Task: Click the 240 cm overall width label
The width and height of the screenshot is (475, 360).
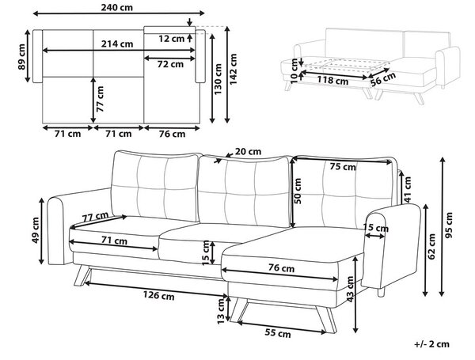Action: (116, 7)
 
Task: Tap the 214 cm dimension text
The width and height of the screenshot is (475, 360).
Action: (117, 44)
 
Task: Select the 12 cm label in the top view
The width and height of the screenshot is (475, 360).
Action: (171, 39)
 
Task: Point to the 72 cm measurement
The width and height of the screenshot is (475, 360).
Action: (170, 64)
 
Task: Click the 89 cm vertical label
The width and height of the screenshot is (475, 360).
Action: (22, 57)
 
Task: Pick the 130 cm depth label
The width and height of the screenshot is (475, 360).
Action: (218, 78)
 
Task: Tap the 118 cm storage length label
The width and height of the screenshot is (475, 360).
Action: (332, 81)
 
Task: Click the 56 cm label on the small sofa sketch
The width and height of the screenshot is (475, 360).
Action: (383, 78)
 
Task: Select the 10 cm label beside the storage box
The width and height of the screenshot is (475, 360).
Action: (294, 71)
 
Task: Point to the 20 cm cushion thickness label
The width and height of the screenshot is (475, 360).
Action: (248, 151)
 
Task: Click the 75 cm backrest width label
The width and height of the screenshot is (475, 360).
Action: (343, 166)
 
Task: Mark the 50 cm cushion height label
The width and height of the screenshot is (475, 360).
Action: (298, 191)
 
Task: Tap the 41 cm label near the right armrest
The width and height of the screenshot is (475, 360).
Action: (408, 189)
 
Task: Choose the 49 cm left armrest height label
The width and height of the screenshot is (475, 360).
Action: (35, 230)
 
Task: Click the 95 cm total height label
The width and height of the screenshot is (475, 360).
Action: (449, 225)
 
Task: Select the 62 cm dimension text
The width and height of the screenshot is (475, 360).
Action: (431, 246)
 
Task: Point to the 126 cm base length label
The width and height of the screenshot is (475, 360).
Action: (159, 295)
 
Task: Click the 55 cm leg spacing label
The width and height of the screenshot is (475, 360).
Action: (278, 333)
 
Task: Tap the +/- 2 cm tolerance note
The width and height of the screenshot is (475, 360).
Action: (431, 344)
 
